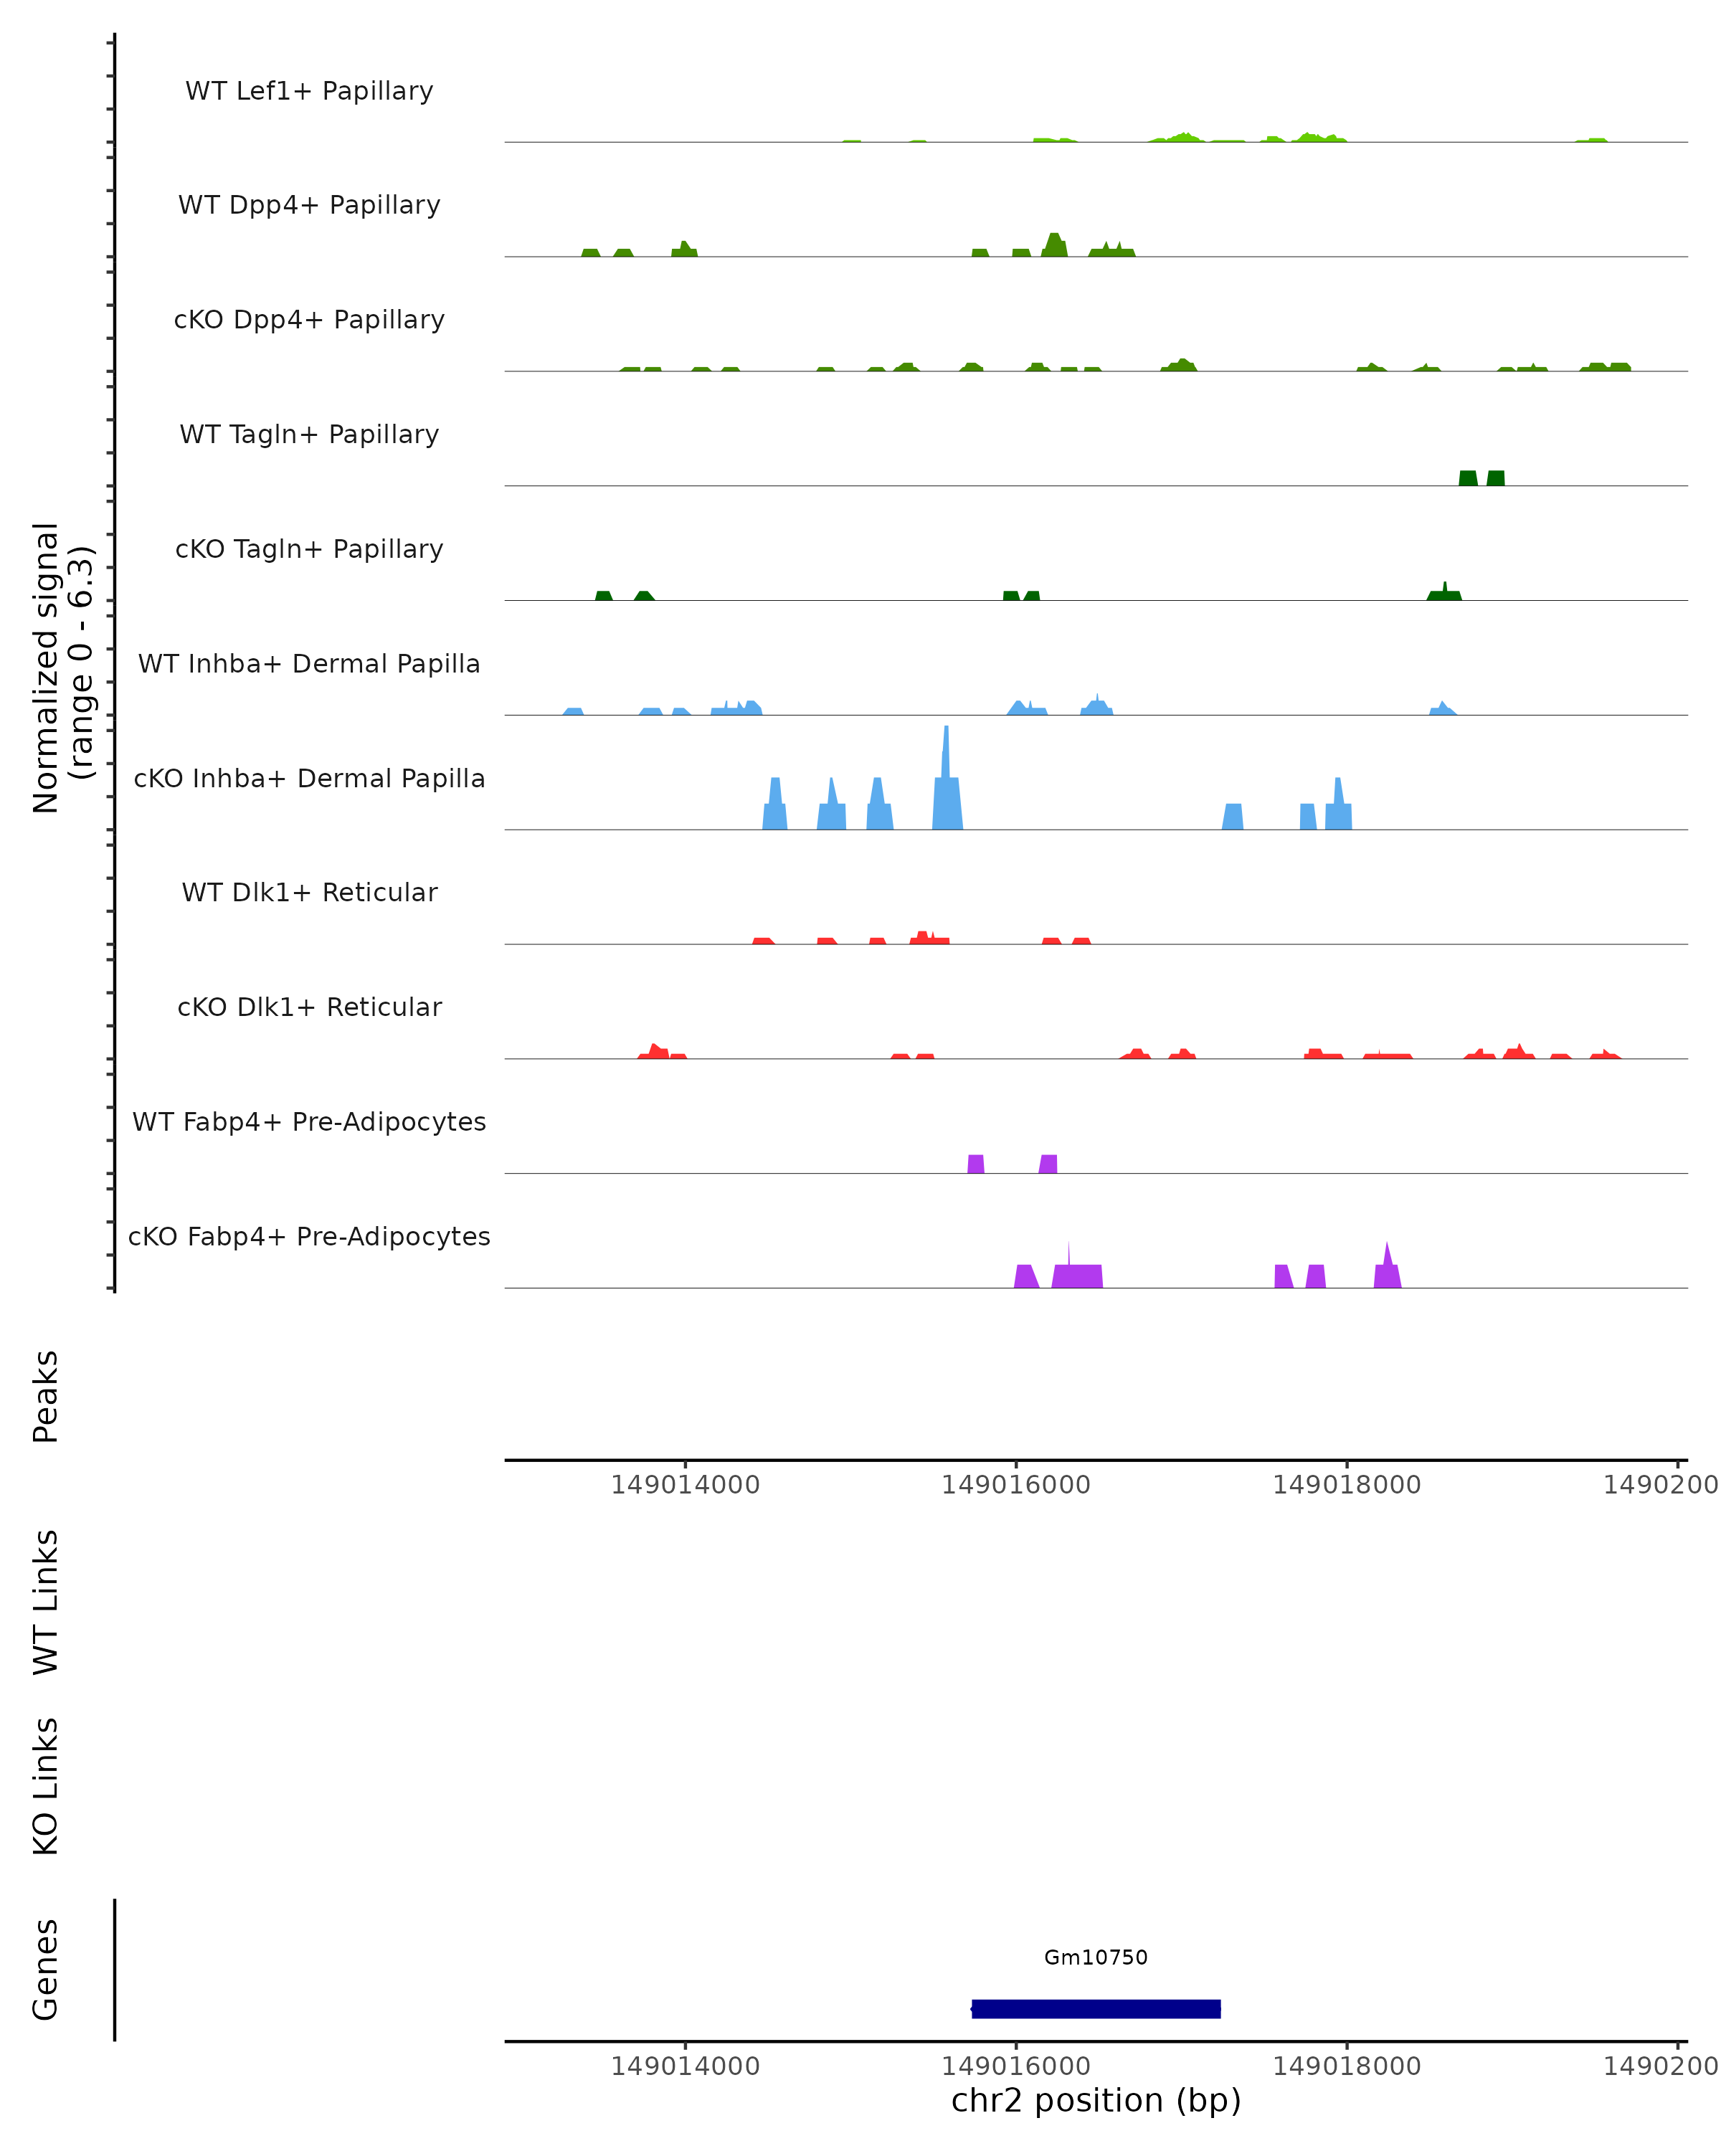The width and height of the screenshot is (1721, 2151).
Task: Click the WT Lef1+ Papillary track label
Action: click(309, 91)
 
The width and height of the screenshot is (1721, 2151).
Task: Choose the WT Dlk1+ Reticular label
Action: click(309, 892)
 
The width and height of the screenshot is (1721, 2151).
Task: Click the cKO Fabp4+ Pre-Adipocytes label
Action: click(309, 1236)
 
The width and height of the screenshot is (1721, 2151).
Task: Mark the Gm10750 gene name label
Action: click(1096, 1957)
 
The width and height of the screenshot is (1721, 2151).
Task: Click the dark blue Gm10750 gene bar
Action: click(1096, 2008)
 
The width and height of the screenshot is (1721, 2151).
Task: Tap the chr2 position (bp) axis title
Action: click(1096, 2100)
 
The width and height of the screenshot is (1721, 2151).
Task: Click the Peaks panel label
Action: click(46, 1396)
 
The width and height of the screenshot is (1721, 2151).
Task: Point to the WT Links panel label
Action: click(46, 1601)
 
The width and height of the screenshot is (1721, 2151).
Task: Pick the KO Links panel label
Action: click(46, 1787)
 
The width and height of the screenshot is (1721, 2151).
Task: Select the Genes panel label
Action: click(46, 1970)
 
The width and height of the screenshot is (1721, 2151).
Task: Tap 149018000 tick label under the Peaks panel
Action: click(1346, 1485)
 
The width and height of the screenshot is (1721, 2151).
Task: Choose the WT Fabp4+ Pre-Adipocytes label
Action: click(309, 1121)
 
